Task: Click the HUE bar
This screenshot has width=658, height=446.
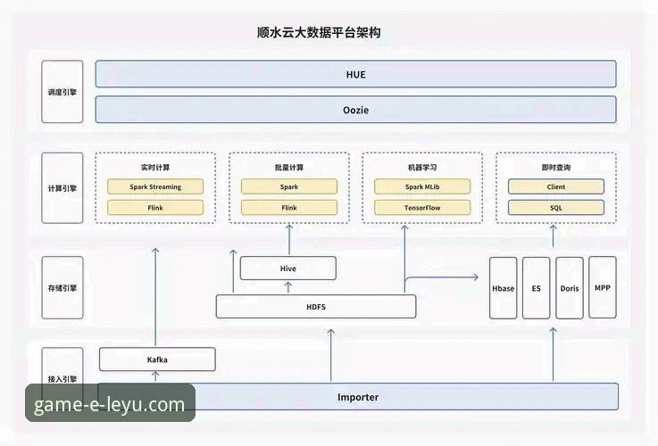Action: [x=355, y=74]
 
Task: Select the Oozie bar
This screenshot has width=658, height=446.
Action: [x=355, y=110]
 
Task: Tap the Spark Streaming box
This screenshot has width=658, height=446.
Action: [x=155, y=187]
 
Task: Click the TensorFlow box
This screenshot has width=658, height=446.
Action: [x=422, y=208]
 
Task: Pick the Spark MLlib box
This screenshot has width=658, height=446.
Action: [x=422, y=187]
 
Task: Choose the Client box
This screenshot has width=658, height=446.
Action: [x=555, y=187]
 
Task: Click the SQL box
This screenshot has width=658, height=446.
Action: [x=555, y=208]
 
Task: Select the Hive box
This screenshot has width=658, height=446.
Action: [x=287, y=268]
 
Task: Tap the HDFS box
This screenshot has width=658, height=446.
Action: [x=315, y=307]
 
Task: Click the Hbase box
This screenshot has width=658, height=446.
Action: [x=504, y=288]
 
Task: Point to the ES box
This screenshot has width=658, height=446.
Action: [x=536, y=288]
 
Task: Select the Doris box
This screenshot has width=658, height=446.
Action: [x=570, y=288]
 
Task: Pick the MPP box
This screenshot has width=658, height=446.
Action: [x=603, y=288]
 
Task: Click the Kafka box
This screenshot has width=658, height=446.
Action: [x=157, y=359]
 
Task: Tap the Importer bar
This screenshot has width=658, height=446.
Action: [x=357, y=397]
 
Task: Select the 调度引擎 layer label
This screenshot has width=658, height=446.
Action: [x=62, y=92]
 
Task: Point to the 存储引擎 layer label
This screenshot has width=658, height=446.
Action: [x=62, y=288]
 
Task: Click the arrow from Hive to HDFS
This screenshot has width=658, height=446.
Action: [x=287, y=287]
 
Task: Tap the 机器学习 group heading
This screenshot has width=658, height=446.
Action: [x=421, y=168]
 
